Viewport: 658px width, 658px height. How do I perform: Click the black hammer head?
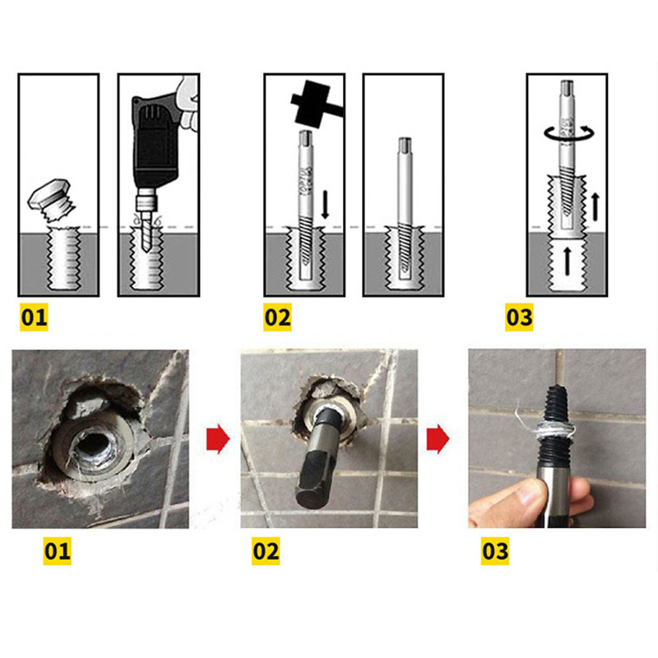pyautogui.click(x=311, y=104)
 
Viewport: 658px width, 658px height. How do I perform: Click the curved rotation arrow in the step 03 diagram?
pyautogui.click(x=568, y=132)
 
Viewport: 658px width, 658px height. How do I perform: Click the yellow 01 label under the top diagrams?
pyautogui.click(x=35, y=317)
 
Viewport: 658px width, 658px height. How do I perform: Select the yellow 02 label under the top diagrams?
pyautogui.click(x=277, y=317)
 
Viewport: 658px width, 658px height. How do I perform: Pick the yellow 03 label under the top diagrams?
pyautogui.click(x=518, y=317)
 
